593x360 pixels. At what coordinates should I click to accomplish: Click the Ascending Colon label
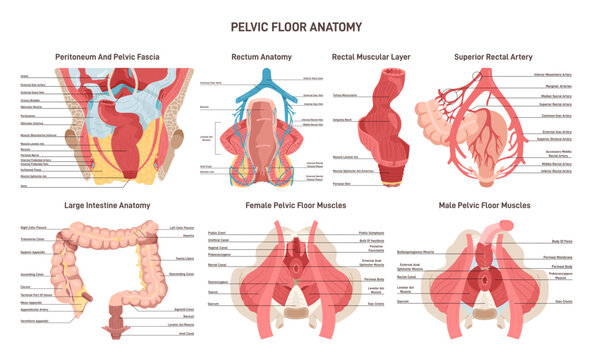(x=31, y=273)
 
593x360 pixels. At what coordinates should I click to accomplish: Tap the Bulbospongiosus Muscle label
(x=421, y=251)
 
